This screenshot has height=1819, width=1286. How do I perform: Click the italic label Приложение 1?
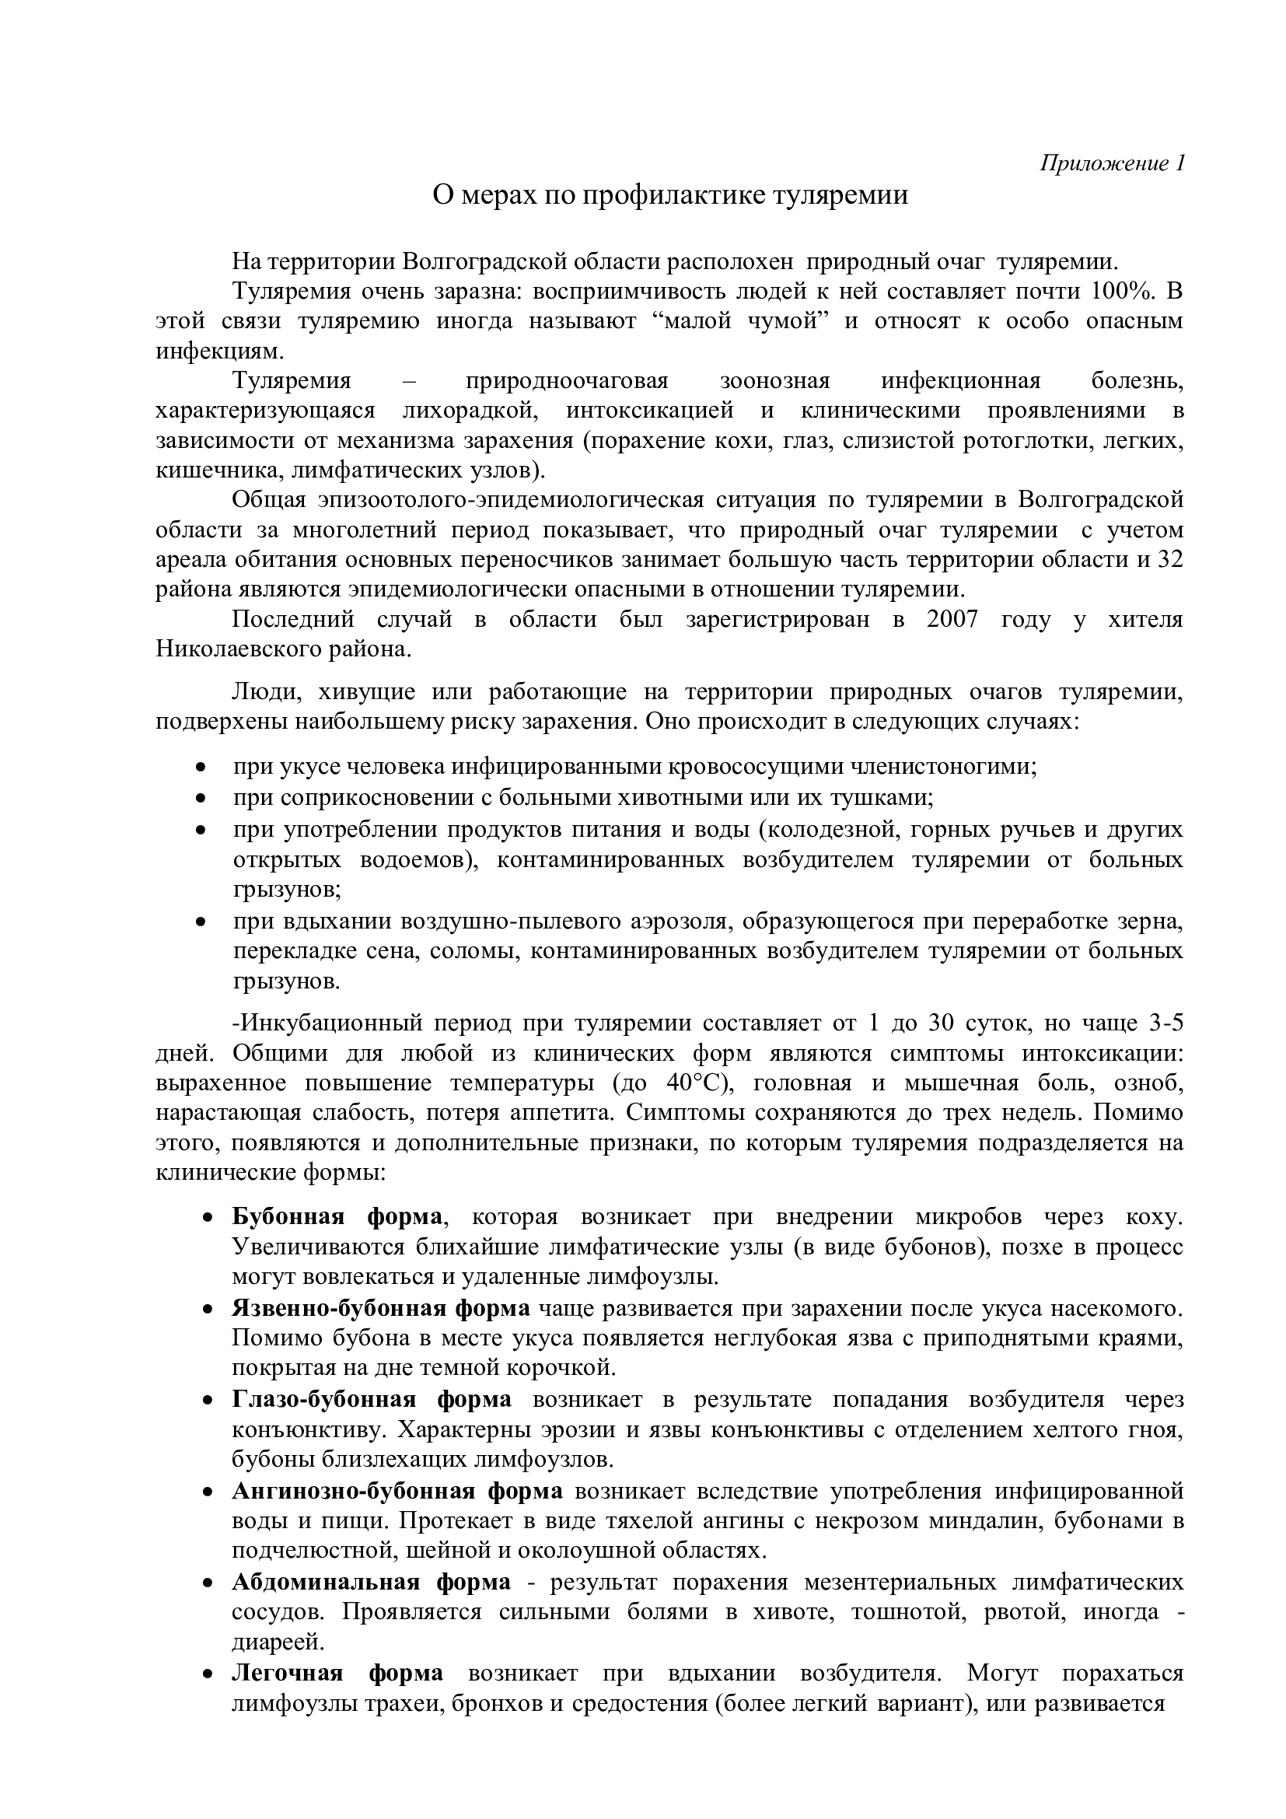coord(1112,163)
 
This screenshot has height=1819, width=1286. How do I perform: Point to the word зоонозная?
coord(774,381)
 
